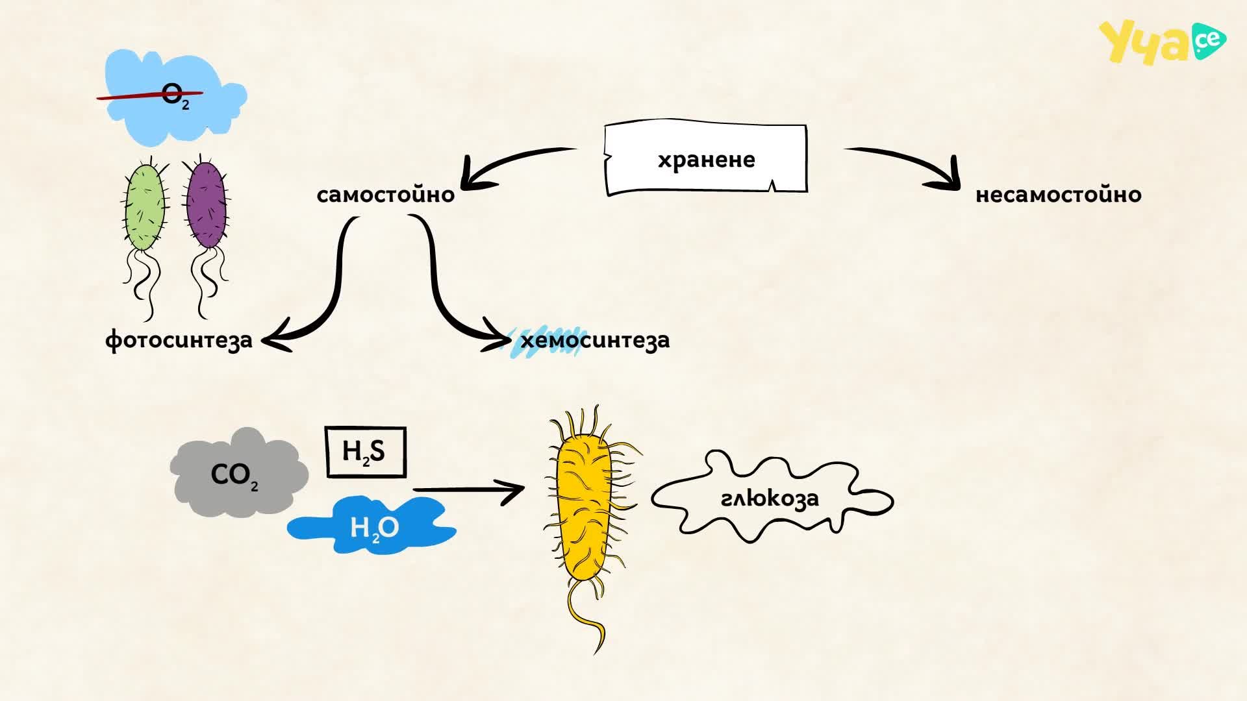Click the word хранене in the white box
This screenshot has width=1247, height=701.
click(x=706, y=160)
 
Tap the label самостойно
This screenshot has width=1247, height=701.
click(x=386, y=194)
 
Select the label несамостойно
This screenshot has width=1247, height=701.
click(x=1059, y=194)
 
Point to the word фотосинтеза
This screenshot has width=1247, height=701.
click(x=179, y=339)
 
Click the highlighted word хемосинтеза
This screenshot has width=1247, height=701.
click(x=595, y=339)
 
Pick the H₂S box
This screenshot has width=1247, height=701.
click(x=366, y=452)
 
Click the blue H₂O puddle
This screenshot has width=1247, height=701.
click(x=372, y=525)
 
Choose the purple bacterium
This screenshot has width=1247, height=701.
click(x=206, y=204)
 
